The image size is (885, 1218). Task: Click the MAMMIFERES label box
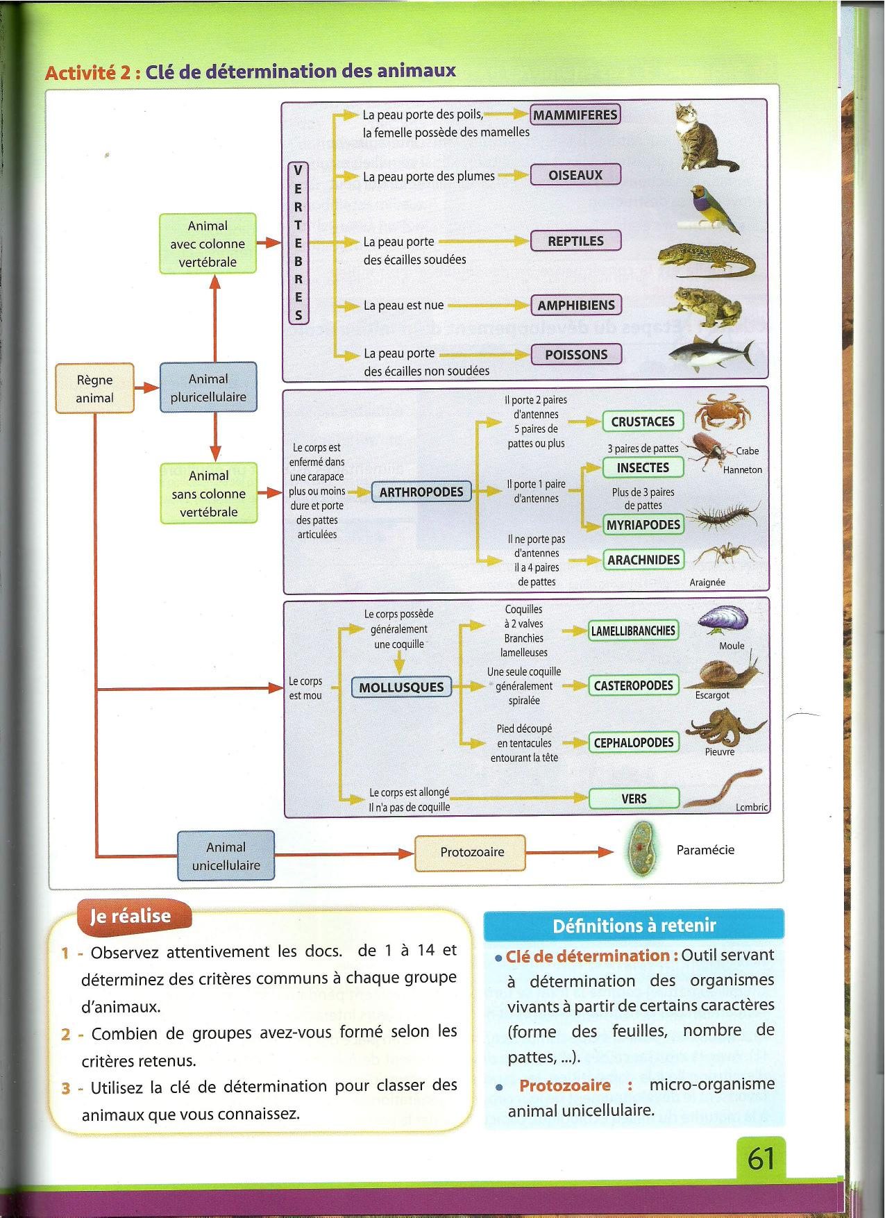point(575,115)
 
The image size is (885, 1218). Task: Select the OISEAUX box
point(575,175)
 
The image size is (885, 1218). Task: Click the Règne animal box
point(94,388)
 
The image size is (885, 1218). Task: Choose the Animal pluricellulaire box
point(208,387)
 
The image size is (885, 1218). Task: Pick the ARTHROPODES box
point(421,492)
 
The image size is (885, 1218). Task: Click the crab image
point(722,412)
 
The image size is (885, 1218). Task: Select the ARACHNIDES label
point(643,560)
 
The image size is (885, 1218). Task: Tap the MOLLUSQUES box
point(401,687)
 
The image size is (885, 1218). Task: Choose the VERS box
point(634,799)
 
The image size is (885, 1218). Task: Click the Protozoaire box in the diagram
point(471,852)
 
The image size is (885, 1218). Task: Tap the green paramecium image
point(641,849)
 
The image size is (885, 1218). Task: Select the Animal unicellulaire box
point(226,856)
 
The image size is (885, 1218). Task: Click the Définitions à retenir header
point(633,925)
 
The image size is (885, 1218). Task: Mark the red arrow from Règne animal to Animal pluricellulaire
point(146,387)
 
